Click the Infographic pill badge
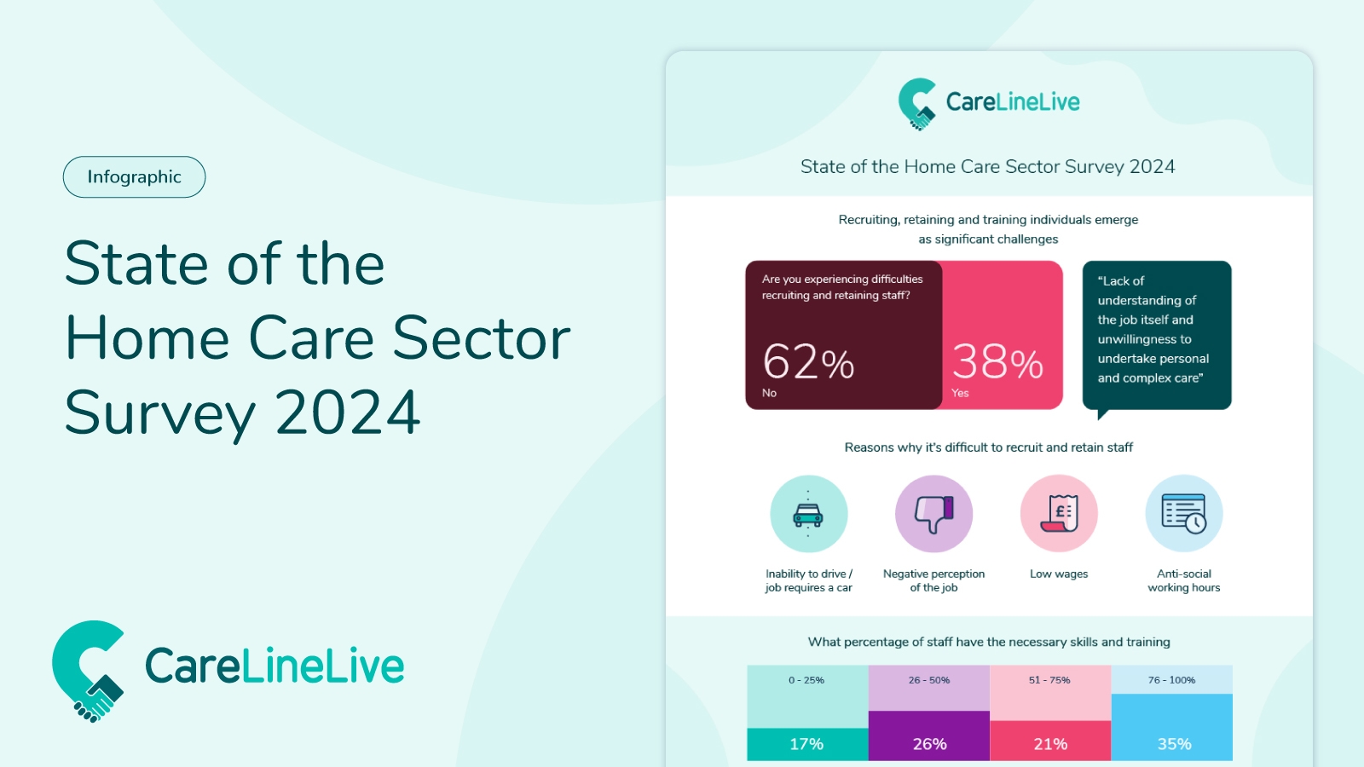click(134, 177)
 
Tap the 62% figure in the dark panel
click(808, 362)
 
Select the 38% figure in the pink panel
click(997, 362)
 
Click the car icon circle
click(808, 514)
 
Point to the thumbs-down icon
click(933, 514)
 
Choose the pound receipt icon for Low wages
click(1059, 514)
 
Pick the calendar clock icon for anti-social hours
click(1184, 514)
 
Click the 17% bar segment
click(807, 744)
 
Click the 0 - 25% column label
click(806, 680)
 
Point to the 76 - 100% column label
click(1171, 680)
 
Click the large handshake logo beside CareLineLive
click(89, 671)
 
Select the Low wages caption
click(1059, 574)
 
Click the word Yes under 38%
click(960, 393)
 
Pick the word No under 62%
click(769, 393)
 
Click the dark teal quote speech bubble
click(1157, 334)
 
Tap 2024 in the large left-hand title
click(348, 413)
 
